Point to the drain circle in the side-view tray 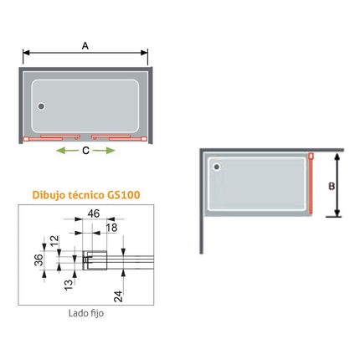pyautogui.click(x=219, y=166)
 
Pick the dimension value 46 pyautogui.click(x=94, y=215)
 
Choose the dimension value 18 pyautogui.click(x=111, y=228)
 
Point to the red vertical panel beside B pyautogui.click(x=311, y=186)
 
